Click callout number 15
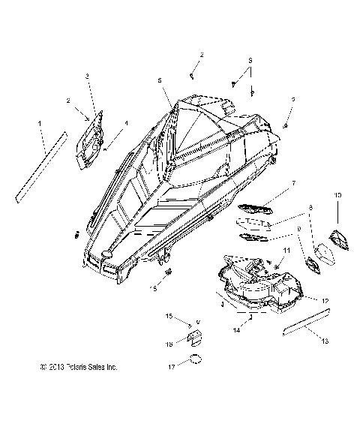(169, 317)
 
